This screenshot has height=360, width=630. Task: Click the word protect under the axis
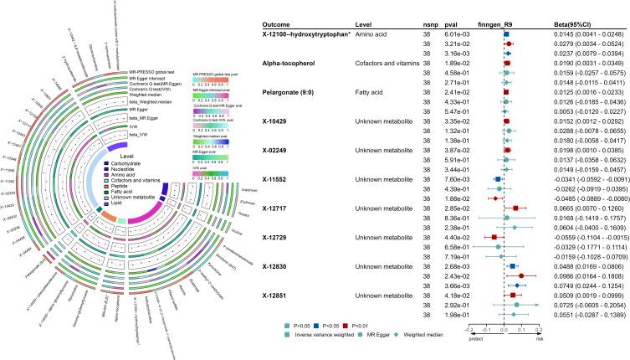coord(476,352)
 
